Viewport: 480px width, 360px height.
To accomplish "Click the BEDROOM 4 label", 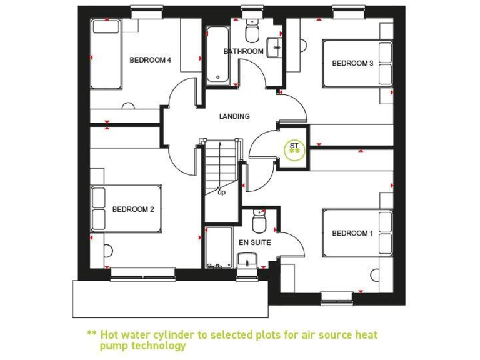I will point(150,60).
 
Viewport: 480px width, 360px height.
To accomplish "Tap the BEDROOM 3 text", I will point(352,63).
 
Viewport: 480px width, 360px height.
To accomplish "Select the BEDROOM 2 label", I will point(133,209).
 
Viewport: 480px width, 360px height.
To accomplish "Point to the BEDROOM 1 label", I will point(352,233).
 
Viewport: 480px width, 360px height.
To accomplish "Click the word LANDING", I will point(234,116).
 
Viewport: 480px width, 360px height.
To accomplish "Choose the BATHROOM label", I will point(244,51).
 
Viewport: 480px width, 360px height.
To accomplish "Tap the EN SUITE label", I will point(255,242).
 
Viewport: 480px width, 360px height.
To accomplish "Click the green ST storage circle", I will point(294,148).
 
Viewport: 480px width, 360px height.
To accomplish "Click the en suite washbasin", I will point(247,260).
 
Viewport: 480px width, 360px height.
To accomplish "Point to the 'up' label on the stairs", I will point(221,192).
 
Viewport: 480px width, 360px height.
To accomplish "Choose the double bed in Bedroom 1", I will point(357,232).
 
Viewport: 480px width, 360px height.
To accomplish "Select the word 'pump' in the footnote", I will point(113,346).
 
